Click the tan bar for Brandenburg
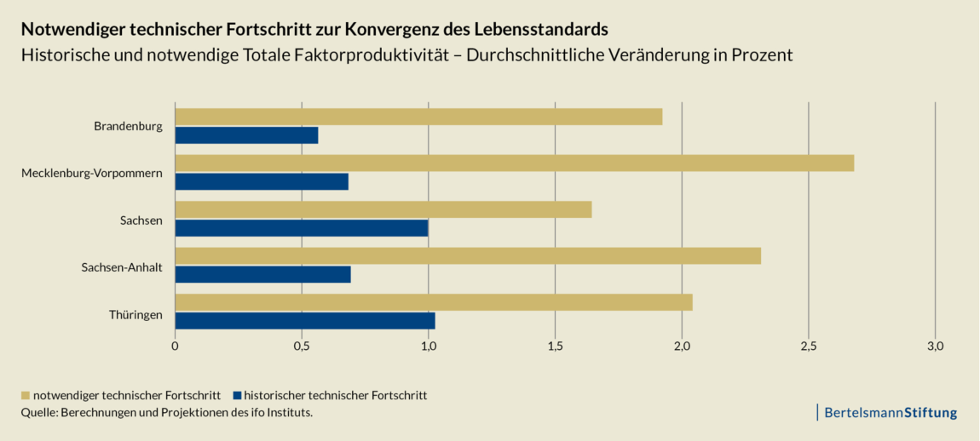coord(418,117)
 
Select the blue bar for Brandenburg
coord(246,135)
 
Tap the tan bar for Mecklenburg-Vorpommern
coord(514,163)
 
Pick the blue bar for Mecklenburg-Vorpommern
coord(262,181)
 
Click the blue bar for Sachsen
coord(302,228)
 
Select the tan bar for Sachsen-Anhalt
coord(468,255)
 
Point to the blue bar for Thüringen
coord(305,320)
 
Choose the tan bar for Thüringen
coord(434,302)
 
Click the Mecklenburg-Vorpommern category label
coord(92,174)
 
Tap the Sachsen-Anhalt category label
coord(122,268)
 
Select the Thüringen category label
coord(135,315)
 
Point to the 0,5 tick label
coord(302,346)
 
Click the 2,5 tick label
coord(809,346)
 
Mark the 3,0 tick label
coord(935,346)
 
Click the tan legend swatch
coord(26,395)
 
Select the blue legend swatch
coord(238,395)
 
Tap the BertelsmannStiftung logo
coord(889,413)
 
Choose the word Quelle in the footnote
coord(39,412)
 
